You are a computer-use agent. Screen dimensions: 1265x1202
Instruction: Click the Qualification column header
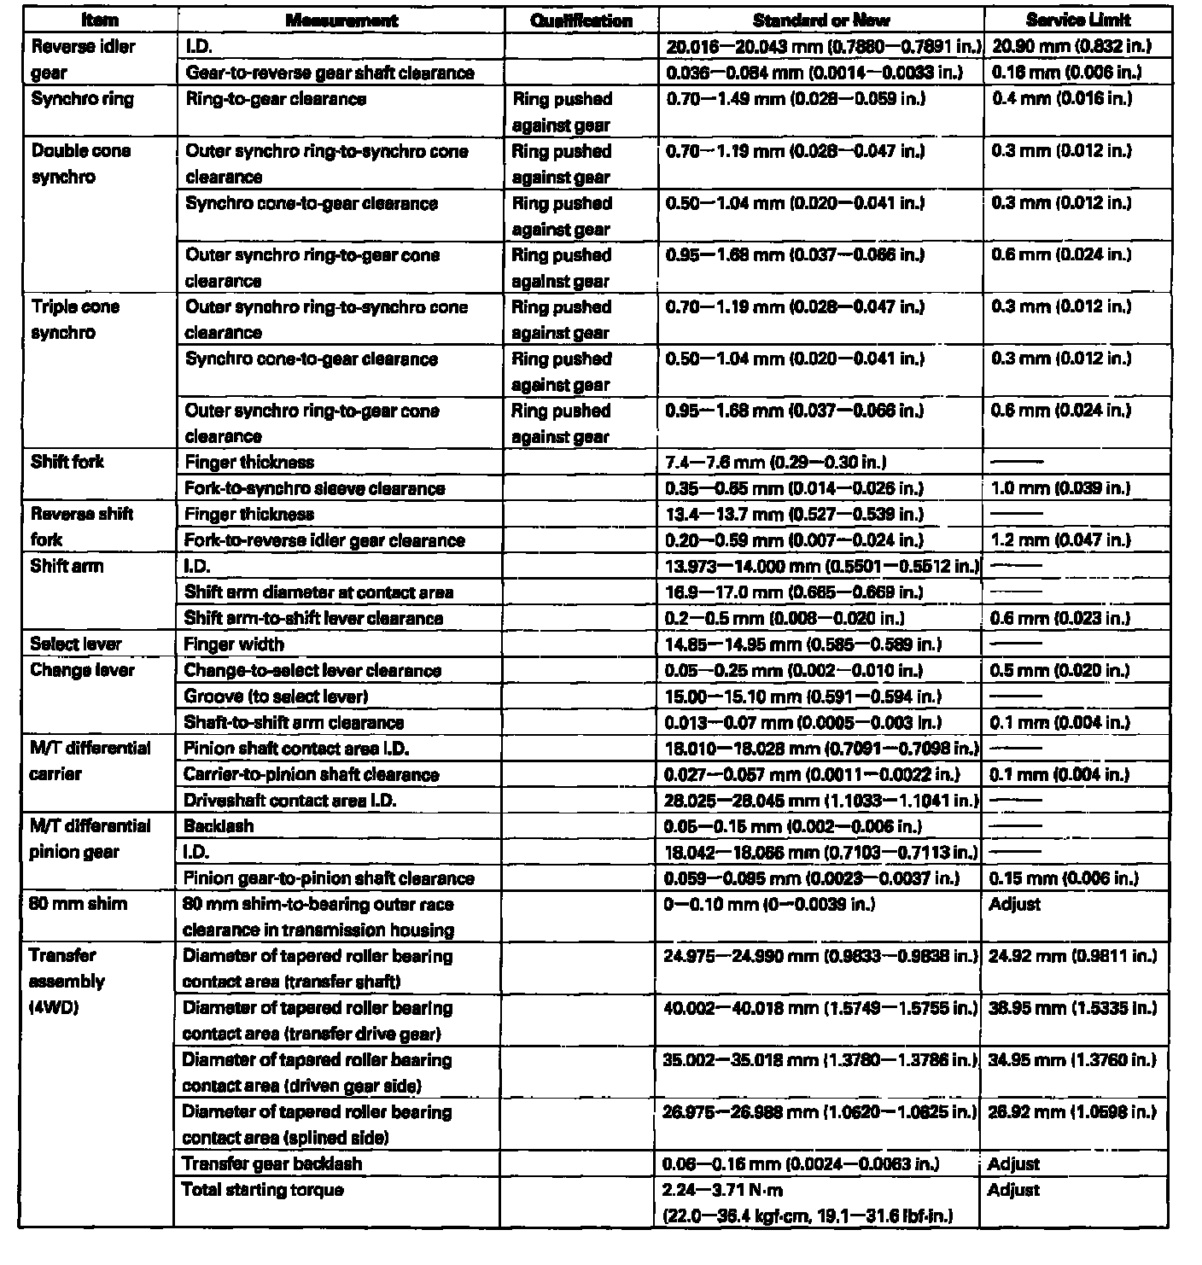pos(581,20)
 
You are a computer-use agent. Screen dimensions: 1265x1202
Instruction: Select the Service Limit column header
pos(1078,20)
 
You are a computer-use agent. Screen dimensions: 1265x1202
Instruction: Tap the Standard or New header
pos(821,20)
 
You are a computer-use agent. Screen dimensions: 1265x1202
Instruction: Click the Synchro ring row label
pos(82,99)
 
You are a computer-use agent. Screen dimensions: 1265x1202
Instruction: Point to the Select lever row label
pos(76,644)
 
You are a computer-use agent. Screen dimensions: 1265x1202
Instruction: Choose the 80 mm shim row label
pos(78,903)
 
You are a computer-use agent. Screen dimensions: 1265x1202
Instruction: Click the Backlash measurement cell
pos(219,826)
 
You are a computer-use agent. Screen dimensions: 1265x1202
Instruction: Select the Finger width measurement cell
pos(234,644)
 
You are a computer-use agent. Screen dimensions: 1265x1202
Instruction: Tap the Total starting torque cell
pos(263,1189)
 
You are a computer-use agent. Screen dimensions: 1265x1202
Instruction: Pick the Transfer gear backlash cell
pos(272,1163)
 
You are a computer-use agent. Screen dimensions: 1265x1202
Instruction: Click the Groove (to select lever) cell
pos(276,697)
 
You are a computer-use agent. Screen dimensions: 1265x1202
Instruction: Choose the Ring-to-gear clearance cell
pos(275,99)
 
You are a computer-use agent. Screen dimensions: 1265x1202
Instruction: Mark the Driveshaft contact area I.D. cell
pos(290,801)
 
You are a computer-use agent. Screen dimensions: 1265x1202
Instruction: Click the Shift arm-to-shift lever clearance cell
pos(313,618)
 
